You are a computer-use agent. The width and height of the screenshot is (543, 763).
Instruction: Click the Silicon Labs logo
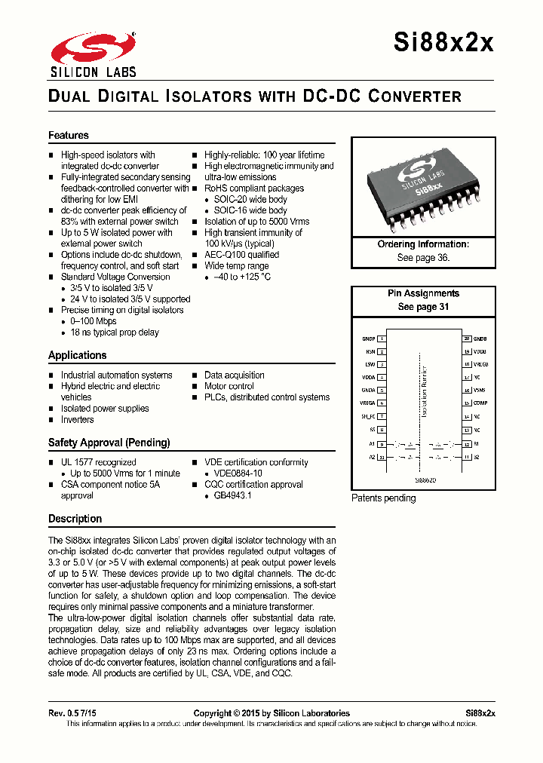94,54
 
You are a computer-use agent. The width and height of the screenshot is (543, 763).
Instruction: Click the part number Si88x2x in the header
443,43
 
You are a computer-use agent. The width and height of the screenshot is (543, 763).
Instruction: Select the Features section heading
69,136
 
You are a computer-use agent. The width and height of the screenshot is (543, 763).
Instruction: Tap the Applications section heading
78,355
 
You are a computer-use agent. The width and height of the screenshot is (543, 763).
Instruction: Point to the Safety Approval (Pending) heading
109,443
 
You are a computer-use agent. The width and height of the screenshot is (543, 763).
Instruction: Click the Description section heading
75,519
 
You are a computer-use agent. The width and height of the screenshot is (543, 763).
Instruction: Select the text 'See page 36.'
423,258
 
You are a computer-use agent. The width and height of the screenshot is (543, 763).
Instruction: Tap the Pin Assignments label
423,293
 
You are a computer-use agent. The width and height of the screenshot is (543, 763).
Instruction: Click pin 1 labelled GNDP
369,339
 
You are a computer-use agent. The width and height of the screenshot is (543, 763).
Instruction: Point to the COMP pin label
480,403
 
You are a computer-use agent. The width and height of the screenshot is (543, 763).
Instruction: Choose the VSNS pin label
480,391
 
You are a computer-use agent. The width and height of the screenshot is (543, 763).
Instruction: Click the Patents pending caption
384,498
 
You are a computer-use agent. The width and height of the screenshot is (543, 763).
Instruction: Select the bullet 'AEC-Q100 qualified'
241,255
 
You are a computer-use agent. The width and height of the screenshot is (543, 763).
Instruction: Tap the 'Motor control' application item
229,386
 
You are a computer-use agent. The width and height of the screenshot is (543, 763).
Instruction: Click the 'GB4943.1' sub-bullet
232,496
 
